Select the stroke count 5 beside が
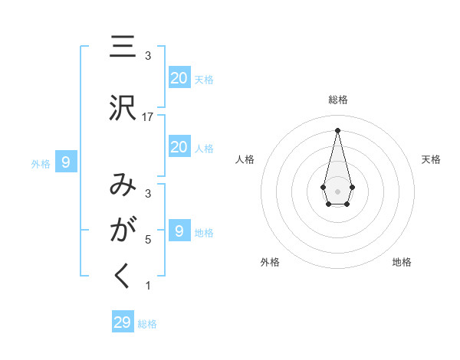pos(148,239)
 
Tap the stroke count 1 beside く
pos(148,286)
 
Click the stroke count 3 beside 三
pos(148,55)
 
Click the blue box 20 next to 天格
pos(179,78)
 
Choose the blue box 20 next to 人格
pos(179,147)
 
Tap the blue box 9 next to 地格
pos(179,231)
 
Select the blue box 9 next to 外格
pos(66,162)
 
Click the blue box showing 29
pos(122,322)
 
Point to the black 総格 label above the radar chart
pos(338,100)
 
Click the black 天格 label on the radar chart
pos(431,159)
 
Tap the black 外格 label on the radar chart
pos(270,262)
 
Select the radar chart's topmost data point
pos(337,129)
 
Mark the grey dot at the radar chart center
pos(337,190)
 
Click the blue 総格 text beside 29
pos(147,324)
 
